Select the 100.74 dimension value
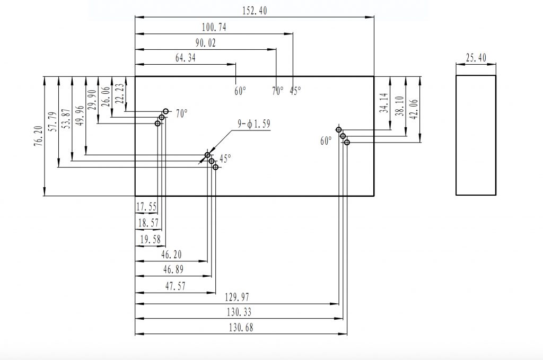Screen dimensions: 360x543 [x=214, y=28]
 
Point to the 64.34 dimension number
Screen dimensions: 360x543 [x=185, y=58]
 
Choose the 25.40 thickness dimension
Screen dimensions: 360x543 [x=476, y=58]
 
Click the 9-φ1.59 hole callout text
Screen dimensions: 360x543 [x=254, y=124]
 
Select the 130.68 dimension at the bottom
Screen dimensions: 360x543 [x=241, y=328]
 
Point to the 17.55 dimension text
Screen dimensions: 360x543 [x=147, y=206]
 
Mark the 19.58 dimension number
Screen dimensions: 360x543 [x=150, y=240]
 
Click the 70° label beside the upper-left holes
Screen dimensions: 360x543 [x=182, y=113]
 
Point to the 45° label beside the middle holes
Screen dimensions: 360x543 [x=226, y=158]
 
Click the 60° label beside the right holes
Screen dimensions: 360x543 [x=326, y=141]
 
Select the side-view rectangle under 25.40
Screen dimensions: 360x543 [x=476, y=135]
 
